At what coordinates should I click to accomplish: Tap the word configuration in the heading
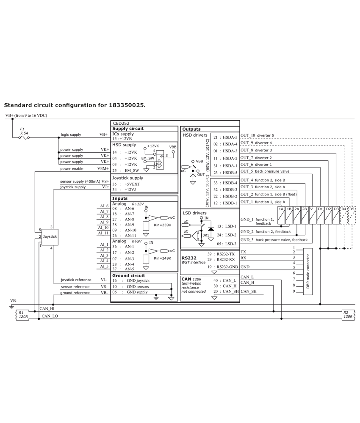75,105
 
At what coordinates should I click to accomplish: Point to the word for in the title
102,105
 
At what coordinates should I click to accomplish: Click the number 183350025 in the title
126,105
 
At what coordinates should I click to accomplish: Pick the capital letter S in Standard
6,105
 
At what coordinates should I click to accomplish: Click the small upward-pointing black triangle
211,229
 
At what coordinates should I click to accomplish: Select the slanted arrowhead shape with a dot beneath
195,167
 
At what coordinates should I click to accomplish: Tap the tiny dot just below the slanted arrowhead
193,171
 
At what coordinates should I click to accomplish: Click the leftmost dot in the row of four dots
320,248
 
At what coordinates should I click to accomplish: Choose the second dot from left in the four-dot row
328,248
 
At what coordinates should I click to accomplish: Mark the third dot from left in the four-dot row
336,248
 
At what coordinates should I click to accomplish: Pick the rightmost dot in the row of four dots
344,248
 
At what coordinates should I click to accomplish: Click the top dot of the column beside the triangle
201,221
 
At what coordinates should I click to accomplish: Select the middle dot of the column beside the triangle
201,231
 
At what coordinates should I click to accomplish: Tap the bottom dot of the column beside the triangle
201,241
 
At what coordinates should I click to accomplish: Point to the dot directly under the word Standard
12,119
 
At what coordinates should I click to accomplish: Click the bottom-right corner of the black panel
355,320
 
